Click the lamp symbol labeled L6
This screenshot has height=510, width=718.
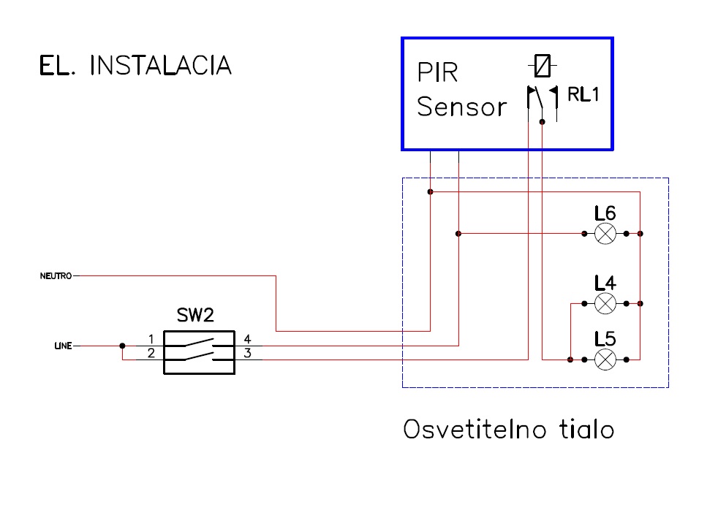(605, 234)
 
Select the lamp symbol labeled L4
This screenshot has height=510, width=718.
(605, 304)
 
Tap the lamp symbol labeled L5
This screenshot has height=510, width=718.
(605, 359)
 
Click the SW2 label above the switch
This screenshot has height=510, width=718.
(195, 315)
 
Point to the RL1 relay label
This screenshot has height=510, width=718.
(583, 94)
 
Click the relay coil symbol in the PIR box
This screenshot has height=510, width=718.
(543, 66)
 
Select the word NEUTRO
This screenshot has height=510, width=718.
(56, 275)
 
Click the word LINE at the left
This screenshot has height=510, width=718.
(63, 346)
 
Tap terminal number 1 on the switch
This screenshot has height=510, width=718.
(151, 339)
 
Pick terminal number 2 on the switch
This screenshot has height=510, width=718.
(151, 353)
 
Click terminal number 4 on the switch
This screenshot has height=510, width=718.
(247, 339)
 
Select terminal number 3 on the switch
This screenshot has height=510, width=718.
(247, 353)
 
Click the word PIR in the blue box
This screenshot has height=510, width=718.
(437, 72)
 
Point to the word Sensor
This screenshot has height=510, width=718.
(461, 107)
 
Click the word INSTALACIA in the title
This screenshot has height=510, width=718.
(161, 65)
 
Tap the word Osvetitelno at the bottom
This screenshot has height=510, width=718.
(475, 429)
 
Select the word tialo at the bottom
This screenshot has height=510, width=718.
(586, 429)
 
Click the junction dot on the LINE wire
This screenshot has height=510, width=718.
(122, 346)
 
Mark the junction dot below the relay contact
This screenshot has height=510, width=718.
(543, 122)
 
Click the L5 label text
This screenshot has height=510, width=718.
(605, 339)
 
